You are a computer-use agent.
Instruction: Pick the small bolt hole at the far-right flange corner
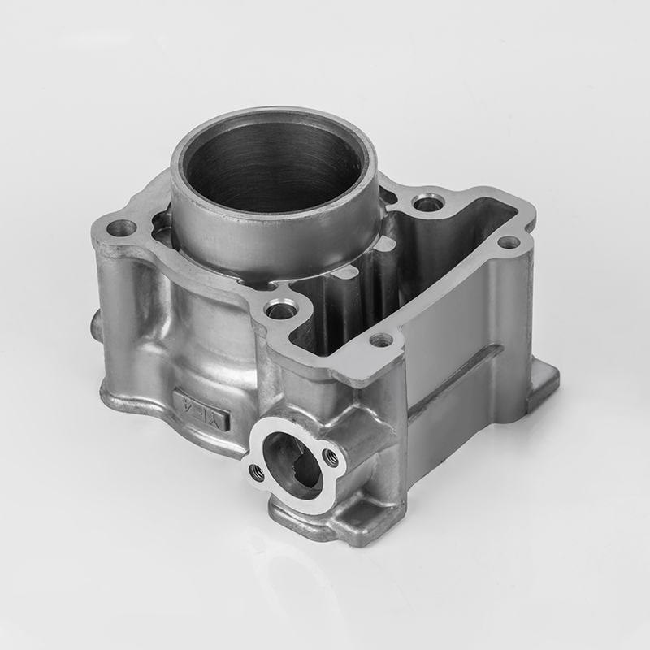pyautogui.click(x=508, y=242)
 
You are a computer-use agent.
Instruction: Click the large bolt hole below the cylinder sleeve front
pyautogui.click(x=281, y=310)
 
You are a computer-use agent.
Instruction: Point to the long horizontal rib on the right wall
pyautogui.click(x=455, y=378)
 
